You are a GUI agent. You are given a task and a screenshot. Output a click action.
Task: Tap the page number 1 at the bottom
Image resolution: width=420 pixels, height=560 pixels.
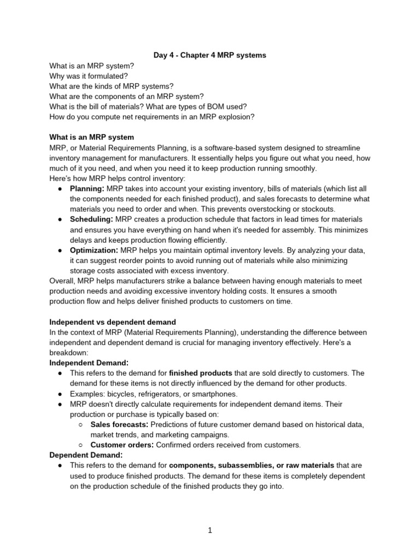click(x=209, y=530)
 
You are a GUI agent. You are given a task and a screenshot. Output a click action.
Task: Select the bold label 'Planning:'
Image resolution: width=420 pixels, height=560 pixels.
click(x=87, y=189)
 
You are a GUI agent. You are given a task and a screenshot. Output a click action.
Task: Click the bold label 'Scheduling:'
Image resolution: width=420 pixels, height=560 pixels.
click(x=91, y=219)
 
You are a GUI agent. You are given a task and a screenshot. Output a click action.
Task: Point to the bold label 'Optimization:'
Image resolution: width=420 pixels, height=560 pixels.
click(x=94, y=250)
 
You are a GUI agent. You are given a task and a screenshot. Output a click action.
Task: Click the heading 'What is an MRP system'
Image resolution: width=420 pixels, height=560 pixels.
click(x=91, y=137)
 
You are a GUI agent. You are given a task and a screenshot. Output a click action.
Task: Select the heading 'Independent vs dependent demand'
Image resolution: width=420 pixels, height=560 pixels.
click(x=113, y=322)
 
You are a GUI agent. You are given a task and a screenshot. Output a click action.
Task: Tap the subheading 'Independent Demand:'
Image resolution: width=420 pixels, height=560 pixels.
click(x=89, y=363)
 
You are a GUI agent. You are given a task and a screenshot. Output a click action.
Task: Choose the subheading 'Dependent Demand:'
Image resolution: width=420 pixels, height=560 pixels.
click(x=86, y=454)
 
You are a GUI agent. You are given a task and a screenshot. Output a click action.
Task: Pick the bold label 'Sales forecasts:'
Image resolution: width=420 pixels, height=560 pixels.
click(x=119, y=424)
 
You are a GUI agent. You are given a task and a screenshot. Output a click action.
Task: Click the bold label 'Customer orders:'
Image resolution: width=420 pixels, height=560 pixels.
click(x=122, y=445)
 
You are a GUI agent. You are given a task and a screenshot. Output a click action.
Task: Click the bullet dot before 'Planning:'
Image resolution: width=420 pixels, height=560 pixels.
click(x=60, y=189)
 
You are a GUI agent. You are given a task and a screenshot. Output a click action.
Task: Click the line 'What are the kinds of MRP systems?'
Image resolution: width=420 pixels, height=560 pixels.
click(x=112, y=86)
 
